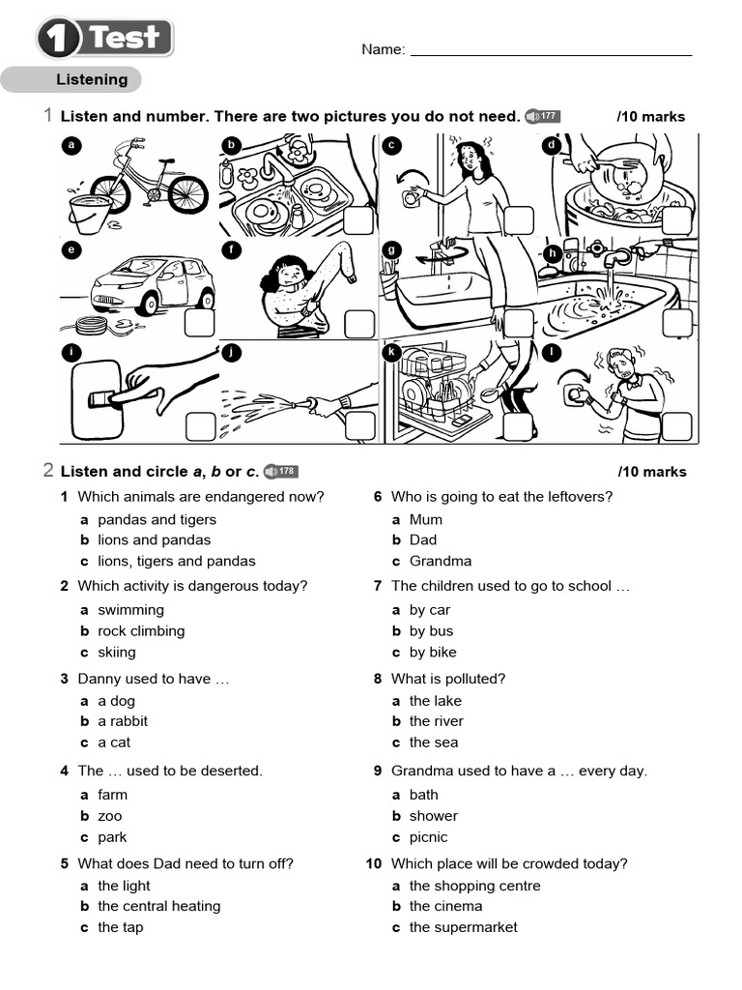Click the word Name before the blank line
click(383, 49)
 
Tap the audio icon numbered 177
click(542, 117)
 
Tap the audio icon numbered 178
click(279, 472)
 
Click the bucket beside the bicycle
click(90, 212)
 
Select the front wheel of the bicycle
click(187, 193)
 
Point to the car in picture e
click(152, 284)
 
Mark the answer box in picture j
click(359, 425)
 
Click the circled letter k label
click(392, 353)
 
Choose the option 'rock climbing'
click(141, 631)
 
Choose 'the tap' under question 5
click(120, 927)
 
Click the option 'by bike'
click(433, 652)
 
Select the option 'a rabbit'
click(123, 721)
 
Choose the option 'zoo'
click(110, 816)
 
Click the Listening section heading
click(92, 80)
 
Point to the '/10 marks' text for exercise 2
click(651, 472)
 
